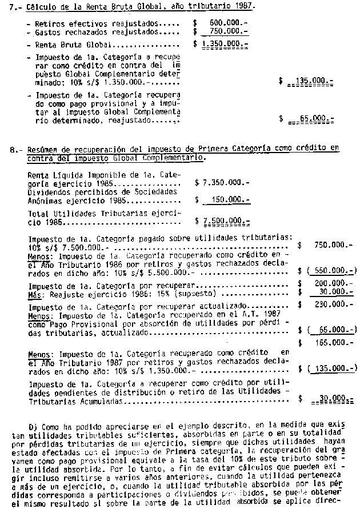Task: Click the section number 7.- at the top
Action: [x=15, y=6]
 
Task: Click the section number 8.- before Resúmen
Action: [x=15, y=149]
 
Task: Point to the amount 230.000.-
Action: [x=334, y=305]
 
